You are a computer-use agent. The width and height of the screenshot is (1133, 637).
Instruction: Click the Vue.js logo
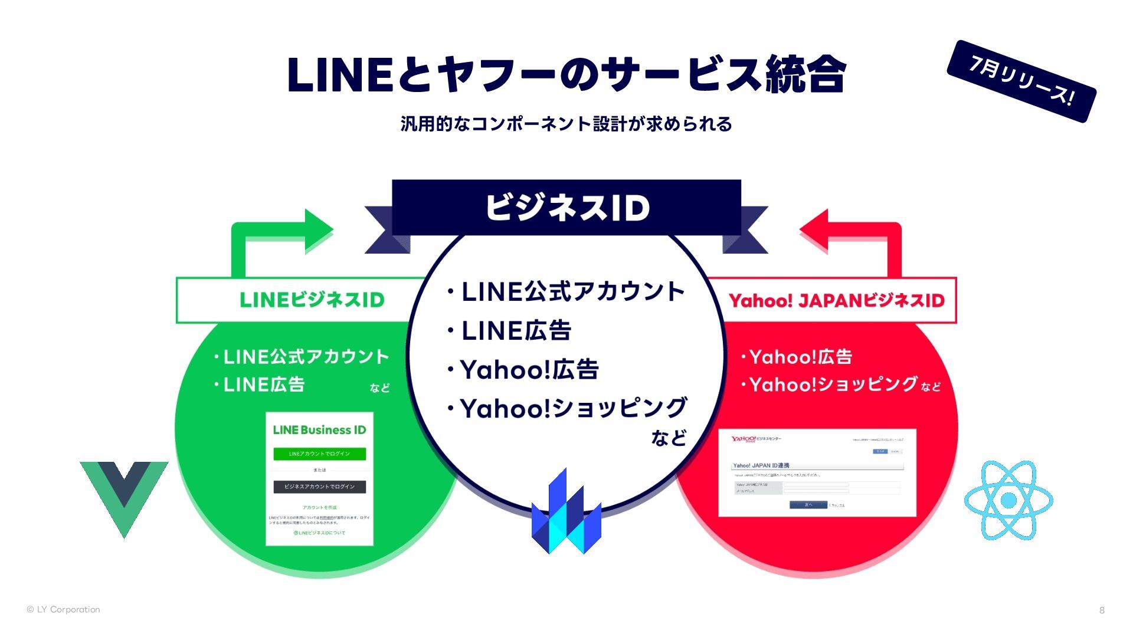pos(124,492)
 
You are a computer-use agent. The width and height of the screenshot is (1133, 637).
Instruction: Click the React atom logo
pos(1008,500)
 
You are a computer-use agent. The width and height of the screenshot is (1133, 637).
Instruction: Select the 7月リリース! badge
pos(1021,81)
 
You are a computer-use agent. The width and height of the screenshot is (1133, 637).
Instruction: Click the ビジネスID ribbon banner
pos(566,208)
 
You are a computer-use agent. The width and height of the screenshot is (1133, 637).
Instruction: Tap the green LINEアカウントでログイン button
pos(319,454)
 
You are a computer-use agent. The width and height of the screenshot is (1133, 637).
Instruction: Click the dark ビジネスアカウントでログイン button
pos(319,487)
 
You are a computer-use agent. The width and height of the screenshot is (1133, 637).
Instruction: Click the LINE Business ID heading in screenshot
pos(319,430)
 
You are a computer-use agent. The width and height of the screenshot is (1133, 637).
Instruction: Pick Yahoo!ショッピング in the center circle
pos(573,408)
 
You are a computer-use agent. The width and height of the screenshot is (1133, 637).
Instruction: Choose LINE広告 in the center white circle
pos(516,331)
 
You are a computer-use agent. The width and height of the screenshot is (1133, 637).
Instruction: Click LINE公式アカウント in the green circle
pos(306,357)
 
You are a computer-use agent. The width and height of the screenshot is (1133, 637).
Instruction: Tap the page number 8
pos(1102,610)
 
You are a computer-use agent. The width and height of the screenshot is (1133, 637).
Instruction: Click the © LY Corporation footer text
pos(63,610)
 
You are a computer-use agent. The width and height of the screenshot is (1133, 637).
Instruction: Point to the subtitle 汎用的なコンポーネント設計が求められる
pos(566,124)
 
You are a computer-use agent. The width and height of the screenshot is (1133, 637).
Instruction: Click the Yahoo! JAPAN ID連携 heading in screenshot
pos(761,465)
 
